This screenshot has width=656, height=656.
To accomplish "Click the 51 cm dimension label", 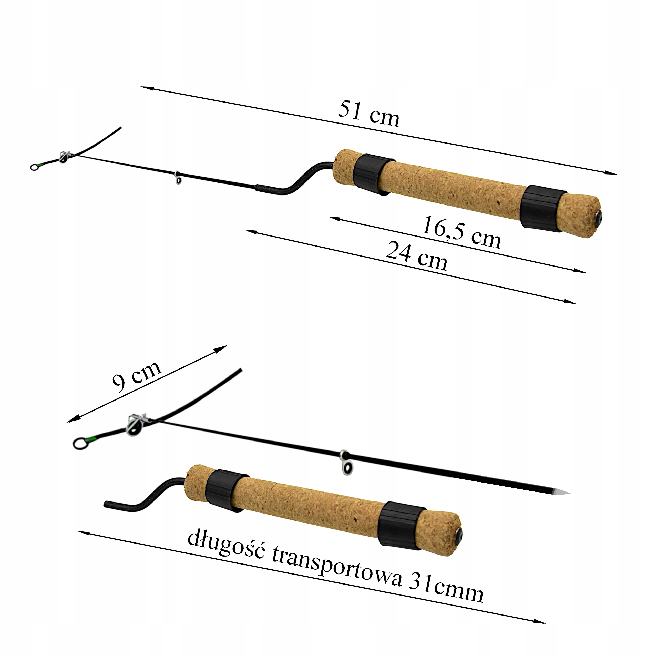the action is point(369,114).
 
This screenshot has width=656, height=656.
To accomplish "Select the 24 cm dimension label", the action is point(417,256).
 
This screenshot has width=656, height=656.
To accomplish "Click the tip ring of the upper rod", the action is point(34,167).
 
